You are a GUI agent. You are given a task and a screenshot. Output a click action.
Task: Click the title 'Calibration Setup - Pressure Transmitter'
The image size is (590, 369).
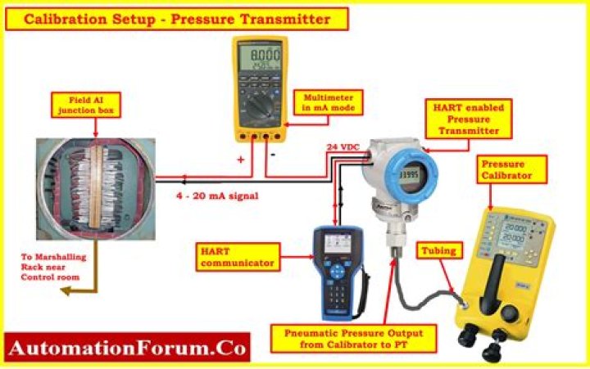(177, 19)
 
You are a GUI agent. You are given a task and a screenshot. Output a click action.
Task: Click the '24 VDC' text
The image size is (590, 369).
(343, 147)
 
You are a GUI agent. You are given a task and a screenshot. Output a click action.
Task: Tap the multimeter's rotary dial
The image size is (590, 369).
(262, 106)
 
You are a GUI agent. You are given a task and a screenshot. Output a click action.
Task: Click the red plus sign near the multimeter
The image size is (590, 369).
(240, 160)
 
